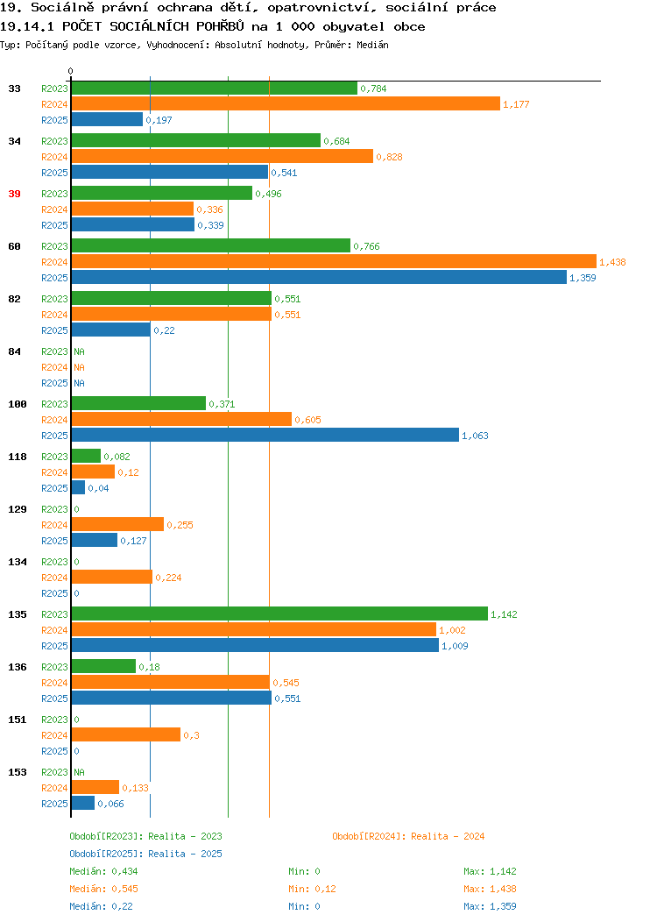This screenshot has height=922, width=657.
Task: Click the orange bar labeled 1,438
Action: point(334,262)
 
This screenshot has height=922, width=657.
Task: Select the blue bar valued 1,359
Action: point(319,278)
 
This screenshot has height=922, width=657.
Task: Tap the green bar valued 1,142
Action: point(279,613)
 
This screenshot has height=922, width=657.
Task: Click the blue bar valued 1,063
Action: point(265,435)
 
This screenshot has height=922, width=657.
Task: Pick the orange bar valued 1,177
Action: point(286,104)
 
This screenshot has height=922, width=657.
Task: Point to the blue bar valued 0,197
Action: point(107,120)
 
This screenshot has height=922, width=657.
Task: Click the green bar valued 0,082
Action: point(86,457)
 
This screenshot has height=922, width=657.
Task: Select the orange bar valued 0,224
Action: point(111,578)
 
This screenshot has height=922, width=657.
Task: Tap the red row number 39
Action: point(14,194)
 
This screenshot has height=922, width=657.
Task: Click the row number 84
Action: point(14,351)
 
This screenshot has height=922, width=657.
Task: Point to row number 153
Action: point(17,772)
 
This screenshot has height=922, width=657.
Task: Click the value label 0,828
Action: point(389,157)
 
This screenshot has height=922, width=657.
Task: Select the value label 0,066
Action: point(110,804)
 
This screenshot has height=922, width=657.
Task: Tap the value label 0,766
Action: point(366,246)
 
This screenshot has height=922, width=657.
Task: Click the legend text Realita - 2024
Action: point(448,836)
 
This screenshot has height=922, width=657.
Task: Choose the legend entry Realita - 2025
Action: point(185,854)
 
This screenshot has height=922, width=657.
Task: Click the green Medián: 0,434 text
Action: point(103,871)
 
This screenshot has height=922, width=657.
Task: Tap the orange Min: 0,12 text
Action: point(312,889)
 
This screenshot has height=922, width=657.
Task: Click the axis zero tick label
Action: point(71,71)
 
